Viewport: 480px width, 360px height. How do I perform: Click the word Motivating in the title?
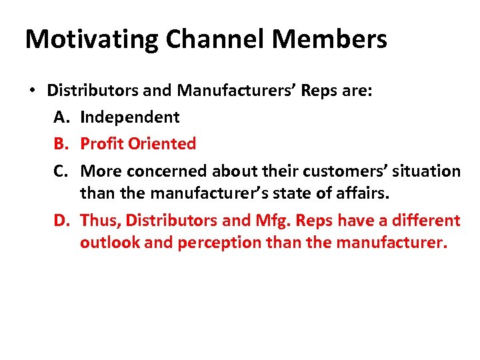91,40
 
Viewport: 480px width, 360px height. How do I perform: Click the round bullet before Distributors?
31,91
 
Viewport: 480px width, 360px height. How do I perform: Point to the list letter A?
61,117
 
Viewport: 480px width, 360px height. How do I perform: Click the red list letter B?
61,143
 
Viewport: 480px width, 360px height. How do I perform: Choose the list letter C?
61,171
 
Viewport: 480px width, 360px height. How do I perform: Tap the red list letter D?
62,221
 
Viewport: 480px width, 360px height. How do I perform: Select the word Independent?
129,117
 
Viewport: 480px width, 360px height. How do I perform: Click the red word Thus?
100,221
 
